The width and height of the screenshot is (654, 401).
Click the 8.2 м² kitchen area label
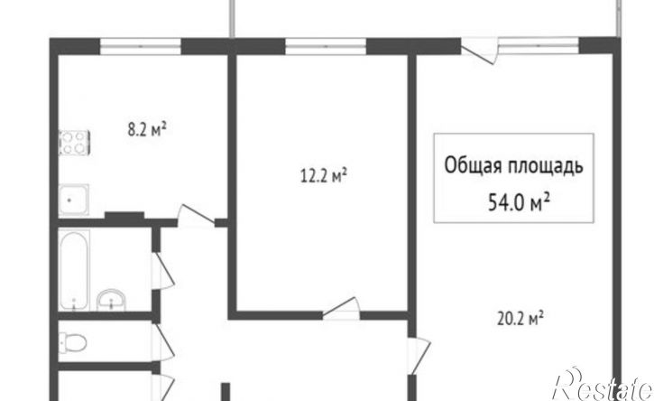[x=147, y=129]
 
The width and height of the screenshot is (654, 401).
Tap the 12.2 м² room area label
[x=324, y=175]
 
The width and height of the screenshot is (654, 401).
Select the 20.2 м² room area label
[x=520, y=320]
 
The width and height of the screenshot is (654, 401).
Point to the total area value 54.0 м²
[x=519, y=203]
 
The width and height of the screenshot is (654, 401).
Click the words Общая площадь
[x=513, y=166]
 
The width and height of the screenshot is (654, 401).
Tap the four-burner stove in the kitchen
[x=74, y=143]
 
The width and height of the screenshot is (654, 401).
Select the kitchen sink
[x=73, y=200]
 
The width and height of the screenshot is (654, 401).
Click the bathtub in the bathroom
[x=74, y=271]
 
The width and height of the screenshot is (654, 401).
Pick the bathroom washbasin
[x=111, y=300]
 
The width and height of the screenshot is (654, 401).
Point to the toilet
[x=72, y=343]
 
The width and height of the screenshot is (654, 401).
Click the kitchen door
[x=195, y=215]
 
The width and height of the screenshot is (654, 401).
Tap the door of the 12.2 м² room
[x=341, y=307]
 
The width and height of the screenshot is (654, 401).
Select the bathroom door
[x=163, y=271]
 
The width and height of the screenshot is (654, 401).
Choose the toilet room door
[x=163, y=342]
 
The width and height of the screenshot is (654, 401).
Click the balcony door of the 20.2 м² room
[x=480, y=51]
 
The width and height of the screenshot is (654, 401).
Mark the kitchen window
[x=141, y=46]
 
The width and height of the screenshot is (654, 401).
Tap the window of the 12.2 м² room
[x=326, y=46]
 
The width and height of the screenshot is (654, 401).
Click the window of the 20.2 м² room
[x=539, y=46]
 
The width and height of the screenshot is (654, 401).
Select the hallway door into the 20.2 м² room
[x=419, y=356]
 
